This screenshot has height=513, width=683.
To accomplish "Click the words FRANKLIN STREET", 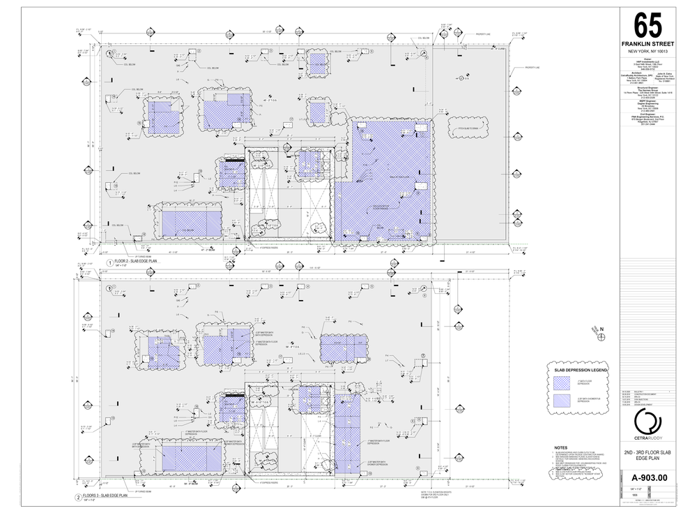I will (648, 44).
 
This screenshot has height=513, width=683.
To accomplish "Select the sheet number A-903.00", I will (648, 477).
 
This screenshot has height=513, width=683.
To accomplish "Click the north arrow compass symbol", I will (601, 336).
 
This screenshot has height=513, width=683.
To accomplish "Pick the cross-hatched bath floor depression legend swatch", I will (562, 382).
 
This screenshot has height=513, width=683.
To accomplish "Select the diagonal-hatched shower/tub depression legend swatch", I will (562, 400).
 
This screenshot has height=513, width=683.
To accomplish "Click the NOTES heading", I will (561, 447).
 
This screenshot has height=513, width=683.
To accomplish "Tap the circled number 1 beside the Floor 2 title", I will (109, 262).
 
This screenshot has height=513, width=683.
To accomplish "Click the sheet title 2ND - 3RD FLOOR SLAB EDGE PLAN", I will (648, 456).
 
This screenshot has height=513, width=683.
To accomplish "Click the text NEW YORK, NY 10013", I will (648, 52).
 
